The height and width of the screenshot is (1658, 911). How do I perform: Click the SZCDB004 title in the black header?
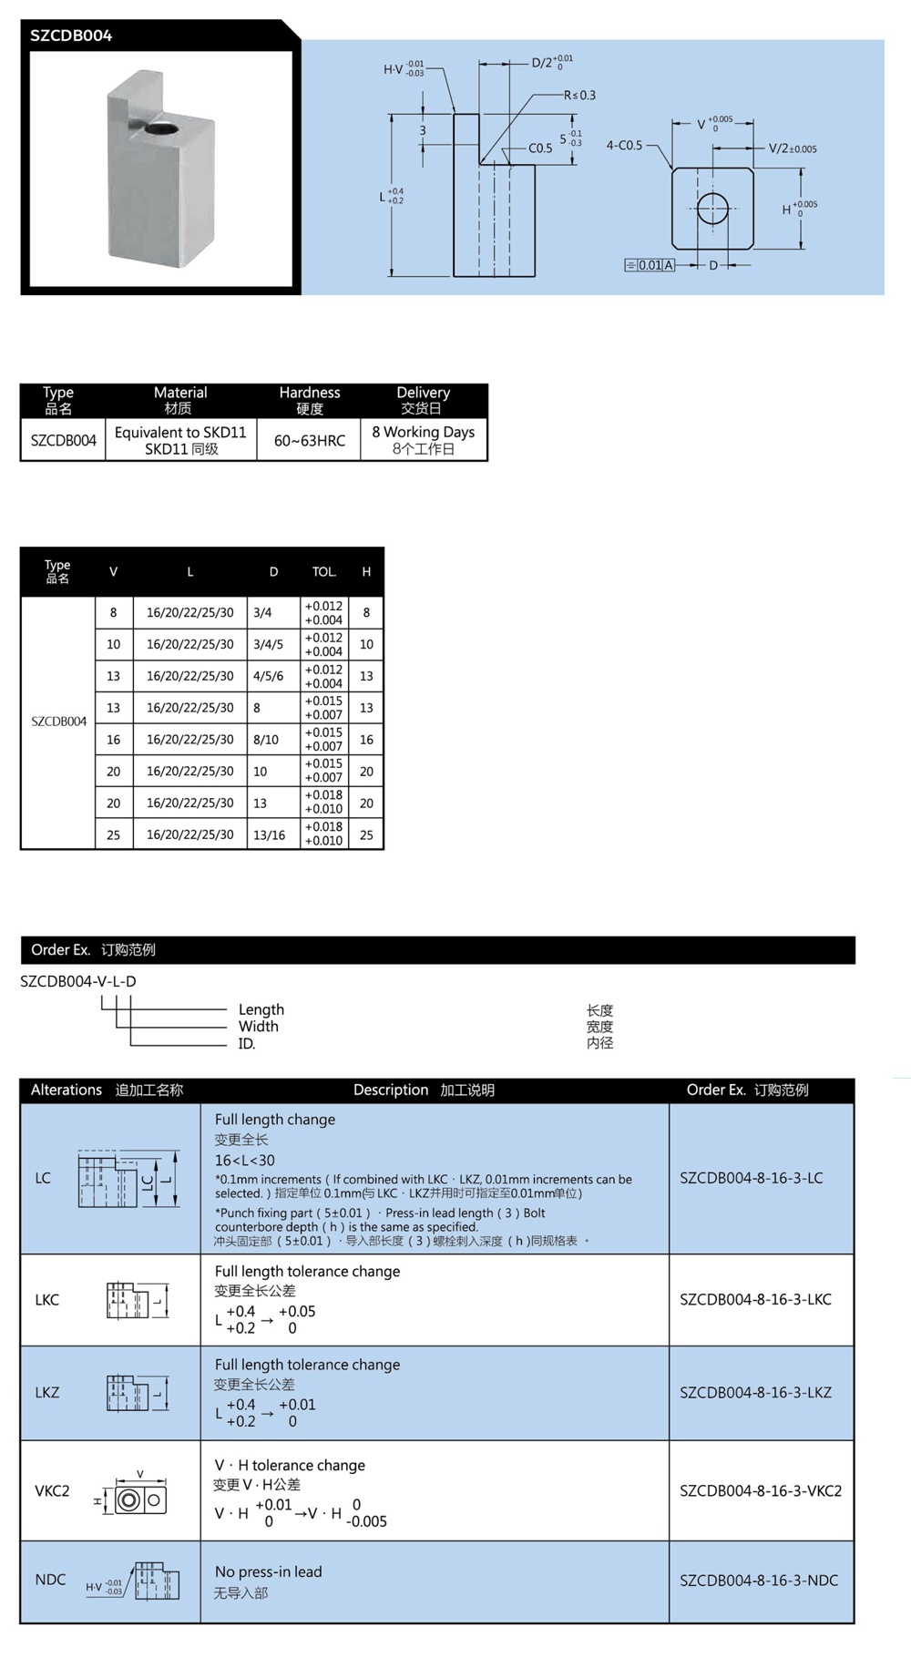pyautogui.click(x=71, y=36)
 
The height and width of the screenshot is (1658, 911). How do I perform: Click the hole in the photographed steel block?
pyautogui.click(x=160, y=128)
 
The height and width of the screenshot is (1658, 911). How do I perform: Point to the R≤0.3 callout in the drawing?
pyautogui.click(x=579, y=95)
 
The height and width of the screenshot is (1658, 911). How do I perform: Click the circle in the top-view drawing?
pyautogui.click(x=713, y=208)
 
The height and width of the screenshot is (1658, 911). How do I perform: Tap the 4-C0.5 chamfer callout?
pyautogui.click(x=624, y=145)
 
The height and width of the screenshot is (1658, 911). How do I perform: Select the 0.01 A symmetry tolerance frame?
pyautogui.click(x=650, y=265)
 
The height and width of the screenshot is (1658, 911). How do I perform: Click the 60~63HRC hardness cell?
pyautogui.click(x=310, y=440)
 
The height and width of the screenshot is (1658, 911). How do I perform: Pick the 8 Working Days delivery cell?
pyautogui.click(x=423, y=440)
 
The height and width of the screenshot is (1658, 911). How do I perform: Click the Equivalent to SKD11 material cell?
pyautogui.click(x=180, y=440)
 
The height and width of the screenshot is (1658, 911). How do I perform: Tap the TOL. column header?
pyautogui.click(x=323, y=572)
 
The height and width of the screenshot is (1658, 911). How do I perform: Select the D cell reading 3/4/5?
pyautogui.click(x=268, y=644)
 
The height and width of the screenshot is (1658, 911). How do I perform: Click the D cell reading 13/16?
pyautogui.click(x=269, y=834)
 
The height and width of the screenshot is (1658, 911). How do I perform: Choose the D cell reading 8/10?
pyautogui.click(x=266, y=740)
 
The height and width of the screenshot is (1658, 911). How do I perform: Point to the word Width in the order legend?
pyautogui.click(x=258, y=1026)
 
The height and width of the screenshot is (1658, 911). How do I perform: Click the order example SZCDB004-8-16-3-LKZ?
pyautogui.click(x=755, y=1392)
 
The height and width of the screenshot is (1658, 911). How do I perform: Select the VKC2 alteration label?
pyautogui.click(x=52, y=1490)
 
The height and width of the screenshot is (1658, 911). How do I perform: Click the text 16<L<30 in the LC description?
pyautogui.click(x=244, y=1160)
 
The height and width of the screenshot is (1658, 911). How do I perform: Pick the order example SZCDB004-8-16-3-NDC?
pyautogui.click(x=758, y=1581)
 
